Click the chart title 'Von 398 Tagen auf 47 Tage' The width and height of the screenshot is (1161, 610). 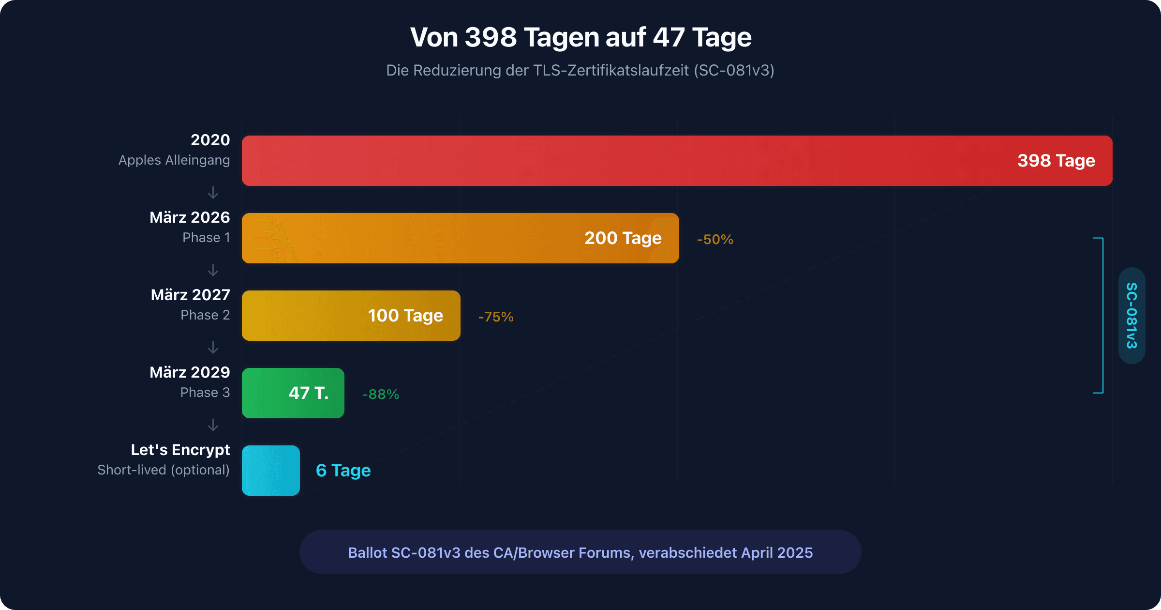[580, 37]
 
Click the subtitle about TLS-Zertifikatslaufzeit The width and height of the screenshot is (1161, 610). [580, 71]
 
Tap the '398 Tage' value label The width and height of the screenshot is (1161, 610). [1056, 161]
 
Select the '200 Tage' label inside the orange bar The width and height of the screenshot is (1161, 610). [623, 238]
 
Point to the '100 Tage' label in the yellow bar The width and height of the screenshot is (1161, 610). [405, 316]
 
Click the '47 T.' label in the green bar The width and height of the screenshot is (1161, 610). [308, 393]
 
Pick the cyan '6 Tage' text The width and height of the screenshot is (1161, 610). [343, 471]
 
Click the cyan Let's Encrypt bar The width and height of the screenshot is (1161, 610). [270, 471]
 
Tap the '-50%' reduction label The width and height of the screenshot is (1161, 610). [714, 240]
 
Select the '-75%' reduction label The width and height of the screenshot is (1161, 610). [495, 317]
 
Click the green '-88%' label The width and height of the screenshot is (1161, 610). [380, 395]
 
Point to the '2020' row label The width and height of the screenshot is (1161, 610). [210, 140]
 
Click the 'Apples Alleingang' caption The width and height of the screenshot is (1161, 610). [174, 160]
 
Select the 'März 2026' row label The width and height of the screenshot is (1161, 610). [190, 217]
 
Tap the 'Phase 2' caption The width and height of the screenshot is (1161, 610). [205, 315]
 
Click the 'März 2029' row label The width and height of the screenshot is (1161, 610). [190, 372]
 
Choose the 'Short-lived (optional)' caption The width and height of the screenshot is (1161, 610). [164, 470]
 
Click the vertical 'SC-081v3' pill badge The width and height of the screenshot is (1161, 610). [1131, 316]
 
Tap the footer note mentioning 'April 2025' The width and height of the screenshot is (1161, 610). [580, 552]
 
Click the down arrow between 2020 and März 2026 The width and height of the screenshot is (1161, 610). [213, 193]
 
